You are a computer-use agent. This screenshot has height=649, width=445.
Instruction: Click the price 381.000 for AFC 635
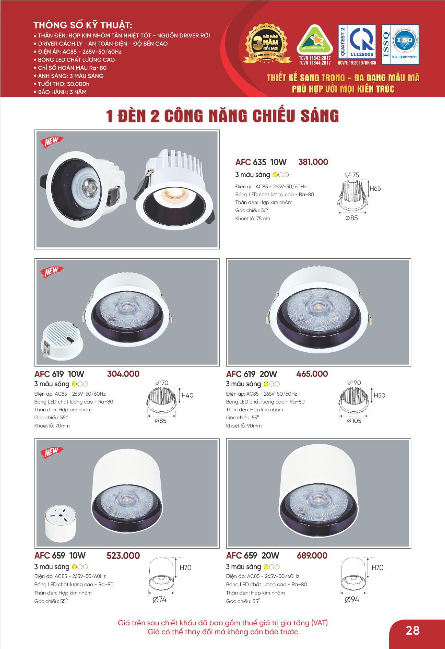(x=313, y=162)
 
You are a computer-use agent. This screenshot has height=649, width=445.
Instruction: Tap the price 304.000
(x=123, y=374)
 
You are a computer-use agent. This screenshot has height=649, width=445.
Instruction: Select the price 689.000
(x=312, y=555)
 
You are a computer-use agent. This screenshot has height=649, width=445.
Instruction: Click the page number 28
(x=413, y=630)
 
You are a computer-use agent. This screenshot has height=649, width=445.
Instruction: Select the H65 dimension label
(x=375, y=189)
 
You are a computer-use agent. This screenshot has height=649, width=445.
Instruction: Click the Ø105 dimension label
(x=354, y=421)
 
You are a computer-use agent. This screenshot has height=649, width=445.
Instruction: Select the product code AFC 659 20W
(x=252, y=555)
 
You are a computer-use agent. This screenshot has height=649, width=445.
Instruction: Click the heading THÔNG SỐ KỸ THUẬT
(x=82, y=26)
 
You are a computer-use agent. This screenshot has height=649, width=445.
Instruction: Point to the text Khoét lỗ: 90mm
(x=244, y=426)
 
